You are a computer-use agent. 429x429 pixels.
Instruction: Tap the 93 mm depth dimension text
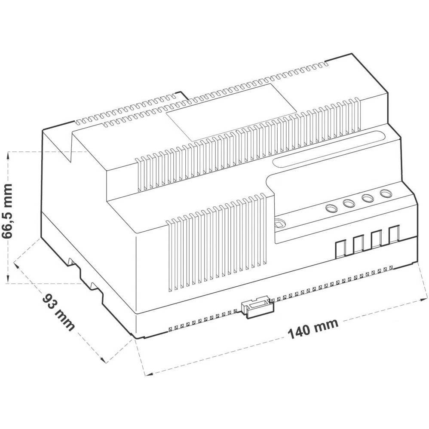pyautogui.click(x=58, y=312)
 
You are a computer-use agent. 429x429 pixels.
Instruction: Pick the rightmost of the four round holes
pyautogui.click(x=385, y=193)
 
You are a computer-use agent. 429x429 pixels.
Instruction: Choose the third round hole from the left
pyautogui.click(x=367, y=199)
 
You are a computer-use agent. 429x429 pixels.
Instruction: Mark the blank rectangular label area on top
pyautogui.click(x=231, y=112)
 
